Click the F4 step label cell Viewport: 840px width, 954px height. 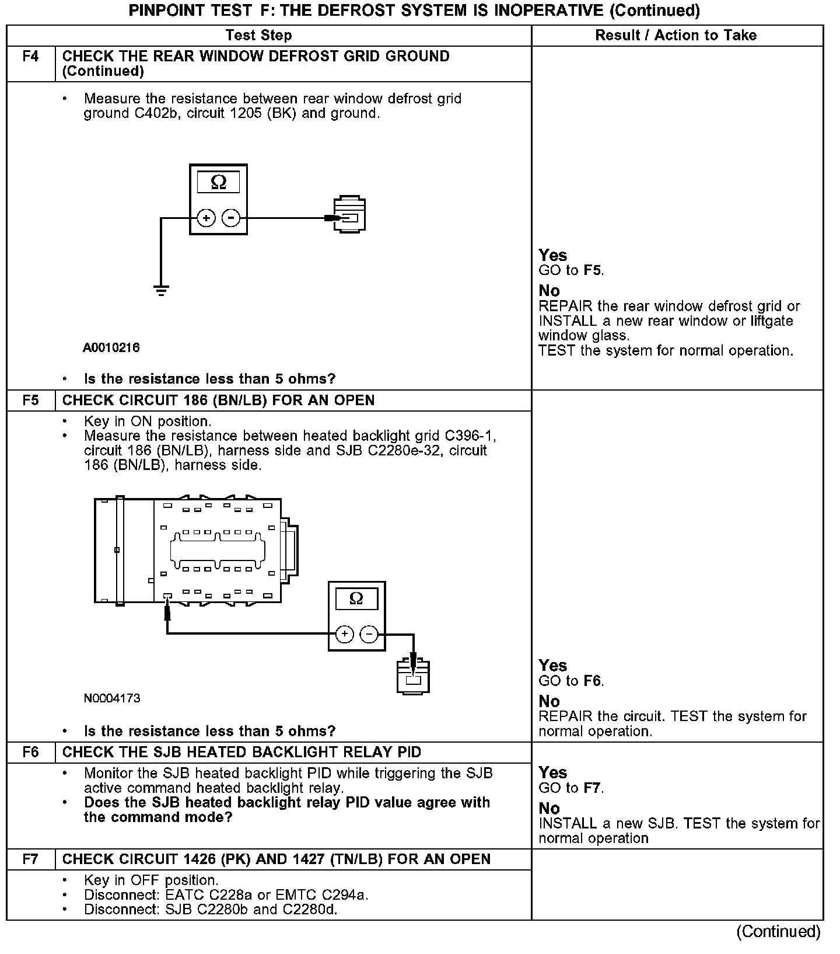[x=31, y=57]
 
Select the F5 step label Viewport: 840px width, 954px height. [x=31, y=401]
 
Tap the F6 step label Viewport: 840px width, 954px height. [x=31, y=752]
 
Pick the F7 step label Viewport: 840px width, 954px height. [x=31, y=859]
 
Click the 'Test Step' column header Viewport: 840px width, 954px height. [x=258, y=36]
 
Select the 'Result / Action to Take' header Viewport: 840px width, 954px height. [x=676, y=36]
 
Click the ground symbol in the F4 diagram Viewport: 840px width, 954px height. [x=161, y=290]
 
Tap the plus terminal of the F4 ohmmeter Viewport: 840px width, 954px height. [x=206, y=218]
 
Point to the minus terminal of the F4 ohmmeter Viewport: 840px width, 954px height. [x=232, y=218]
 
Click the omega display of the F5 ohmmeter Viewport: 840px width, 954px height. [x=356, y=599]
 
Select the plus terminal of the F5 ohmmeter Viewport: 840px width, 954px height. [x=345, y=634]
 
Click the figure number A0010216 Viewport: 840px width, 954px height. [x=111, y=348]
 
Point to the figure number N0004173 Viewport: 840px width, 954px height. [x=112, y=698]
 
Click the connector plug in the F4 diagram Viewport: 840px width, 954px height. [x=349, y=215]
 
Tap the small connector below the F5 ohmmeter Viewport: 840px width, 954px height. [x=413, y=677]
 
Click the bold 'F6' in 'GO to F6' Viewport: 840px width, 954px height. [x=593, y=681]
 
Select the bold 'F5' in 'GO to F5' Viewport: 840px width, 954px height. [x=593, y=271]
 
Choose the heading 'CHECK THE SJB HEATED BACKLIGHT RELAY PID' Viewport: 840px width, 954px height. [x=242, y=752]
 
